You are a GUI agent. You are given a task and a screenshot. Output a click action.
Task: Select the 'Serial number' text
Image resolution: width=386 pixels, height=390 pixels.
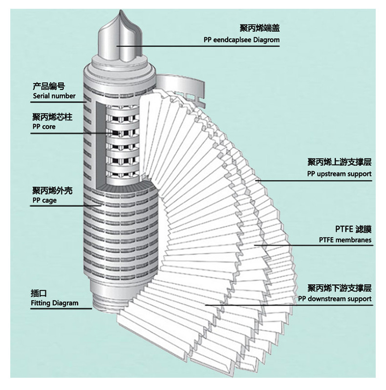coord(54,96)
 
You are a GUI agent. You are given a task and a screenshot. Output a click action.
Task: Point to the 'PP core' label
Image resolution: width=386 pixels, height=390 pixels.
coord(44,127)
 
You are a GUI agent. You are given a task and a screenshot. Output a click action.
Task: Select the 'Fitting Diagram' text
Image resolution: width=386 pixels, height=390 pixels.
coord(54,303)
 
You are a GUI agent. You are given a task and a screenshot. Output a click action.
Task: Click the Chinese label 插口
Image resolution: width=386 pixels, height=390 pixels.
coord(39,293)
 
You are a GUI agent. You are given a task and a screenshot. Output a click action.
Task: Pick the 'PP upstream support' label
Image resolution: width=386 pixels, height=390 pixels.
coord(339,174)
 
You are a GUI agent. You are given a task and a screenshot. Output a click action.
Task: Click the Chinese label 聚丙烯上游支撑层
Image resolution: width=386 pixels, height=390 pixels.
coord(339,163)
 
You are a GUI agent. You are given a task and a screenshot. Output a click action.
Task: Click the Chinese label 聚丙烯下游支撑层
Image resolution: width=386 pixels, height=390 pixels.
coord(339,288)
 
